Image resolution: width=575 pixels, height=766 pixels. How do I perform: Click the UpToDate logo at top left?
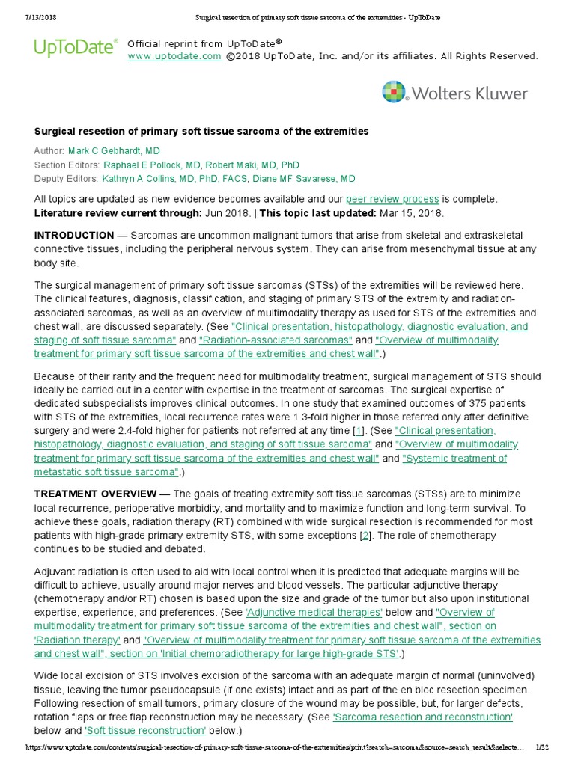[76, 48]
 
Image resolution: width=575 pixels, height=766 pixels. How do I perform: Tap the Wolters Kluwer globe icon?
[394, 93]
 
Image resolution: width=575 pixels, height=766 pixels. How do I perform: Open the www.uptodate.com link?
[174, 56]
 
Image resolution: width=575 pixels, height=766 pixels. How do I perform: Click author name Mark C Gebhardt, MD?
[114, 151]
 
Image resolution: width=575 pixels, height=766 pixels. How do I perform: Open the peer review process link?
[392, 199]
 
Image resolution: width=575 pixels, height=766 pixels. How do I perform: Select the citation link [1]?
[359, 431]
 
